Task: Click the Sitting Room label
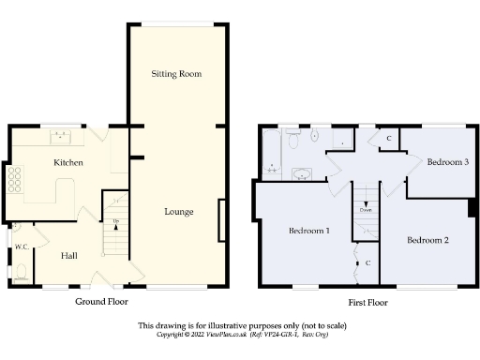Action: coord(176,73)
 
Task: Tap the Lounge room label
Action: coord(178,212)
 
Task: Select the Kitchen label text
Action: coord(68,163)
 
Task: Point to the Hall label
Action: coord(69,255)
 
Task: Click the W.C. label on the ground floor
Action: coord(21,247)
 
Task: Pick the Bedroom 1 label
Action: coord(308,231)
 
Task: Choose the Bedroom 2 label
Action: coord(427,240)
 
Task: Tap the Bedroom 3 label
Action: coord(447,162)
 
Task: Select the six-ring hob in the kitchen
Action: coord(16,178)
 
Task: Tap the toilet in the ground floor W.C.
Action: coord(21,271)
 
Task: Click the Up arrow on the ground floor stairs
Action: coord(115,222)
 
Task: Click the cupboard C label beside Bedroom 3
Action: coord(389,139)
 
